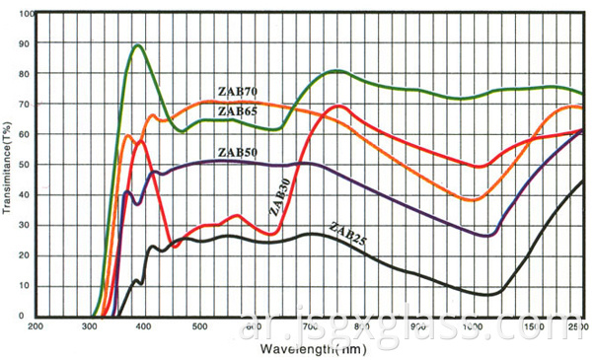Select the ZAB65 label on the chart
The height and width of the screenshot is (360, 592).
point(238,111)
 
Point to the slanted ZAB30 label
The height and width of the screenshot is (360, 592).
point(279,195)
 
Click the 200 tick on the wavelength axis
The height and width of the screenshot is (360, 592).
point(37,325)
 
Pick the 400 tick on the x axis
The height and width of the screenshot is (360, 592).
point(145,325)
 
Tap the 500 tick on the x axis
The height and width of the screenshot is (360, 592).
point(199,325)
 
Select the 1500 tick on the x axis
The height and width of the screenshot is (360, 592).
point(533,325)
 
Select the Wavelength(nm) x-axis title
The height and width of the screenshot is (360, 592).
point(308,348)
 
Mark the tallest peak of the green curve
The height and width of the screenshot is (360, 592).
point(138,45)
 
